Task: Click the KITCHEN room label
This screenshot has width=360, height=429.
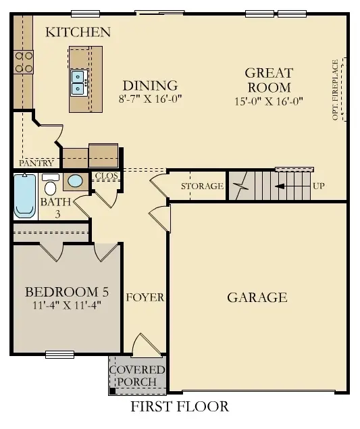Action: click(78, 32)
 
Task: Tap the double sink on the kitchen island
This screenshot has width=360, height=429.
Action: click(78, 82)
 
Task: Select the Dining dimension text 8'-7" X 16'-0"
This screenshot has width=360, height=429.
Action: click(150, 99)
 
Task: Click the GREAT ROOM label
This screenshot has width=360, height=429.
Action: click(268, 80)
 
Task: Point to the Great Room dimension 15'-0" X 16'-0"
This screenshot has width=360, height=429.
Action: click(268, 101)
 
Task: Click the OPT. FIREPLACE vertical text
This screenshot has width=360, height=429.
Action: click(336, 89)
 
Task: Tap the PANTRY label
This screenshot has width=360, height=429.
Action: click(36, 163)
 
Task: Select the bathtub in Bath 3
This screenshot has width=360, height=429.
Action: click(25, 196)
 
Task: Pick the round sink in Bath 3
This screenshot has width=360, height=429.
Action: click(75, 181)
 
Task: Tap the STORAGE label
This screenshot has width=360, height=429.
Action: click(201, 186)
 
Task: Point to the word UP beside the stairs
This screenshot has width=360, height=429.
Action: click(319, 186)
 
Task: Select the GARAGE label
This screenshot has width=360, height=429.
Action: click(257, 297)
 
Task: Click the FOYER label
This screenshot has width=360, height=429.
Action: click(145, 297)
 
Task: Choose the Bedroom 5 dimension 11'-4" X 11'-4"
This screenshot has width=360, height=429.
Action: click(66, 305)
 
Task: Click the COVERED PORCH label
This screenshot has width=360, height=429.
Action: click(137, 376)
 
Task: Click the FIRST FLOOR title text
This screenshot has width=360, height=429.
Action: click(179, 406)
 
